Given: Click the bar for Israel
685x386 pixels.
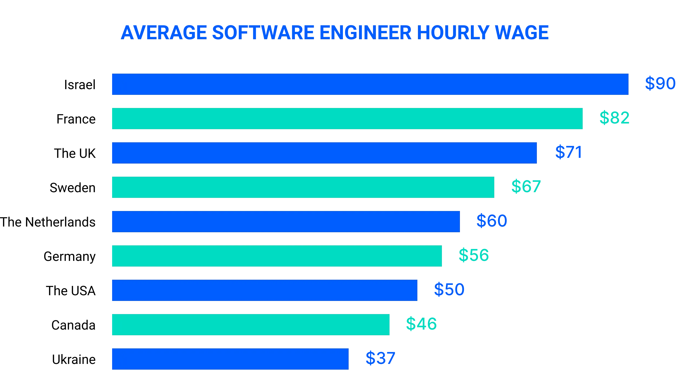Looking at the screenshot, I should (x=370, y=84).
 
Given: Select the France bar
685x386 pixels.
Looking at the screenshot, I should (x=347, y=119).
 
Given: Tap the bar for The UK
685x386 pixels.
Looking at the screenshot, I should (x=324, y=153).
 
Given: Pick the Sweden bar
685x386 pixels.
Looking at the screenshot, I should (x=303, y=187).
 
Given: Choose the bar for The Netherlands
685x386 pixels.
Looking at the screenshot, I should (x=286, y=222).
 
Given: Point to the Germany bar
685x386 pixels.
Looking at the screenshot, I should (x=277, y=256).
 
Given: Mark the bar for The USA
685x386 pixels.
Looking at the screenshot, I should (x=265, y=290).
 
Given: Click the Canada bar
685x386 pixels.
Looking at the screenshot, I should (x=251, y=325).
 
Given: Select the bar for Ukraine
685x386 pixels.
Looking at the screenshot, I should (x=230, y=359).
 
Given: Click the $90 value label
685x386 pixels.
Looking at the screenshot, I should (x=660, y=83).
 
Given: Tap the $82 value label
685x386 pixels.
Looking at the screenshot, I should (x=614, y=118).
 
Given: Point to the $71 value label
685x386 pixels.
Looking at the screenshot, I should (x=569, y=152).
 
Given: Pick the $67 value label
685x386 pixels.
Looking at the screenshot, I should (x=526, y=186).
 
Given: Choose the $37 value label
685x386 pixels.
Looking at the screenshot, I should (x=380, y=358).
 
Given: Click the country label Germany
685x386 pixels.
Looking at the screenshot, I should (x=70, y=257).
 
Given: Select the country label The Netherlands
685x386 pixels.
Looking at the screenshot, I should (x=48, y=222).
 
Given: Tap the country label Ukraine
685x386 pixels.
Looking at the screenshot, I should (x=74, y=360).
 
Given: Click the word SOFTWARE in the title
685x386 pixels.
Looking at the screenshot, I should (x=263, y=33).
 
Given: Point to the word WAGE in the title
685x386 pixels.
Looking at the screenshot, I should (x=522, y=33).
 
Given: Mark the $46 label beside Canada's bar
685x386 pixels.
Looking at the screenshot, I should (x=421, y=324).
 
